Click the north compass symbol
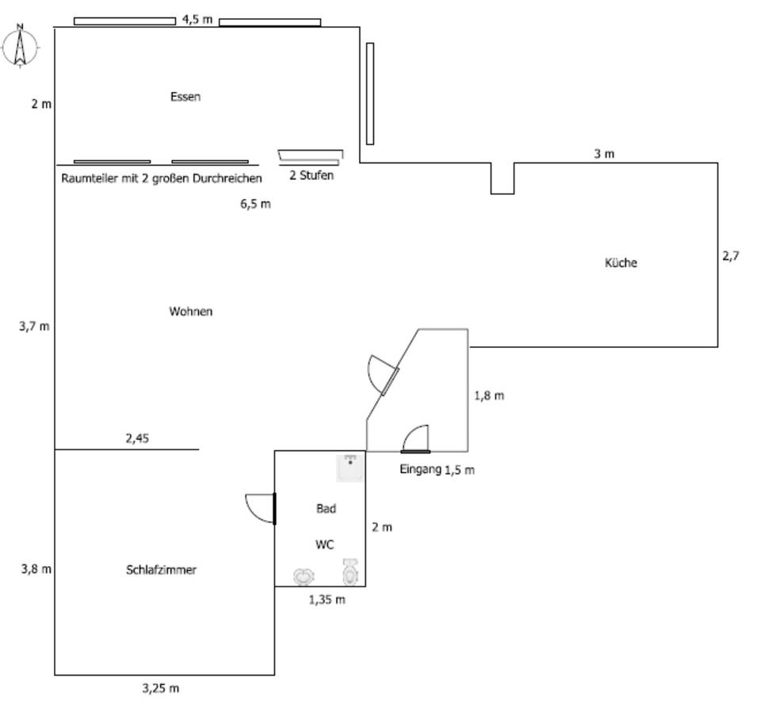point(21,47)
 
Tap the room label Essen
point(185,97)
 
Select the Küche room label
point(621,263)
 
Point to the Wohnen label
point(190,312)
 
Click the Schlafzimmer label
point(161,570)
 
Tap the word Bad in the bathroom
point(326,509)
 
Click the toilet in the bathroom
point(350,571)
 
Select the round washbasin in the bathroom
point(302,576)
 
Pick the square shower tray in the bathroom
point(350,468)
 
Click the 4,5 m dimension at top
point(197,19)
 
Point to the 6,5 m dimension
point(255,204)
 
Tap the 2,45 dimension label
point(137,438)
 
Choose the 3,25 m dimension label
point(161,688)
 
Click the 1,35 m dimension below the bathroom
point(327,599)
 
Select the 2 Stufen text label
point(312,175)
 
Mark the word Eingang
point(420,469)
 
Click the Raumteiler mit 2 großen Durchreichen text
point(162,178)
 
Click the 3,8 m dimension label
point(36,568)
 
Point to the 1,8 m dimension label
point(489,396)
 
